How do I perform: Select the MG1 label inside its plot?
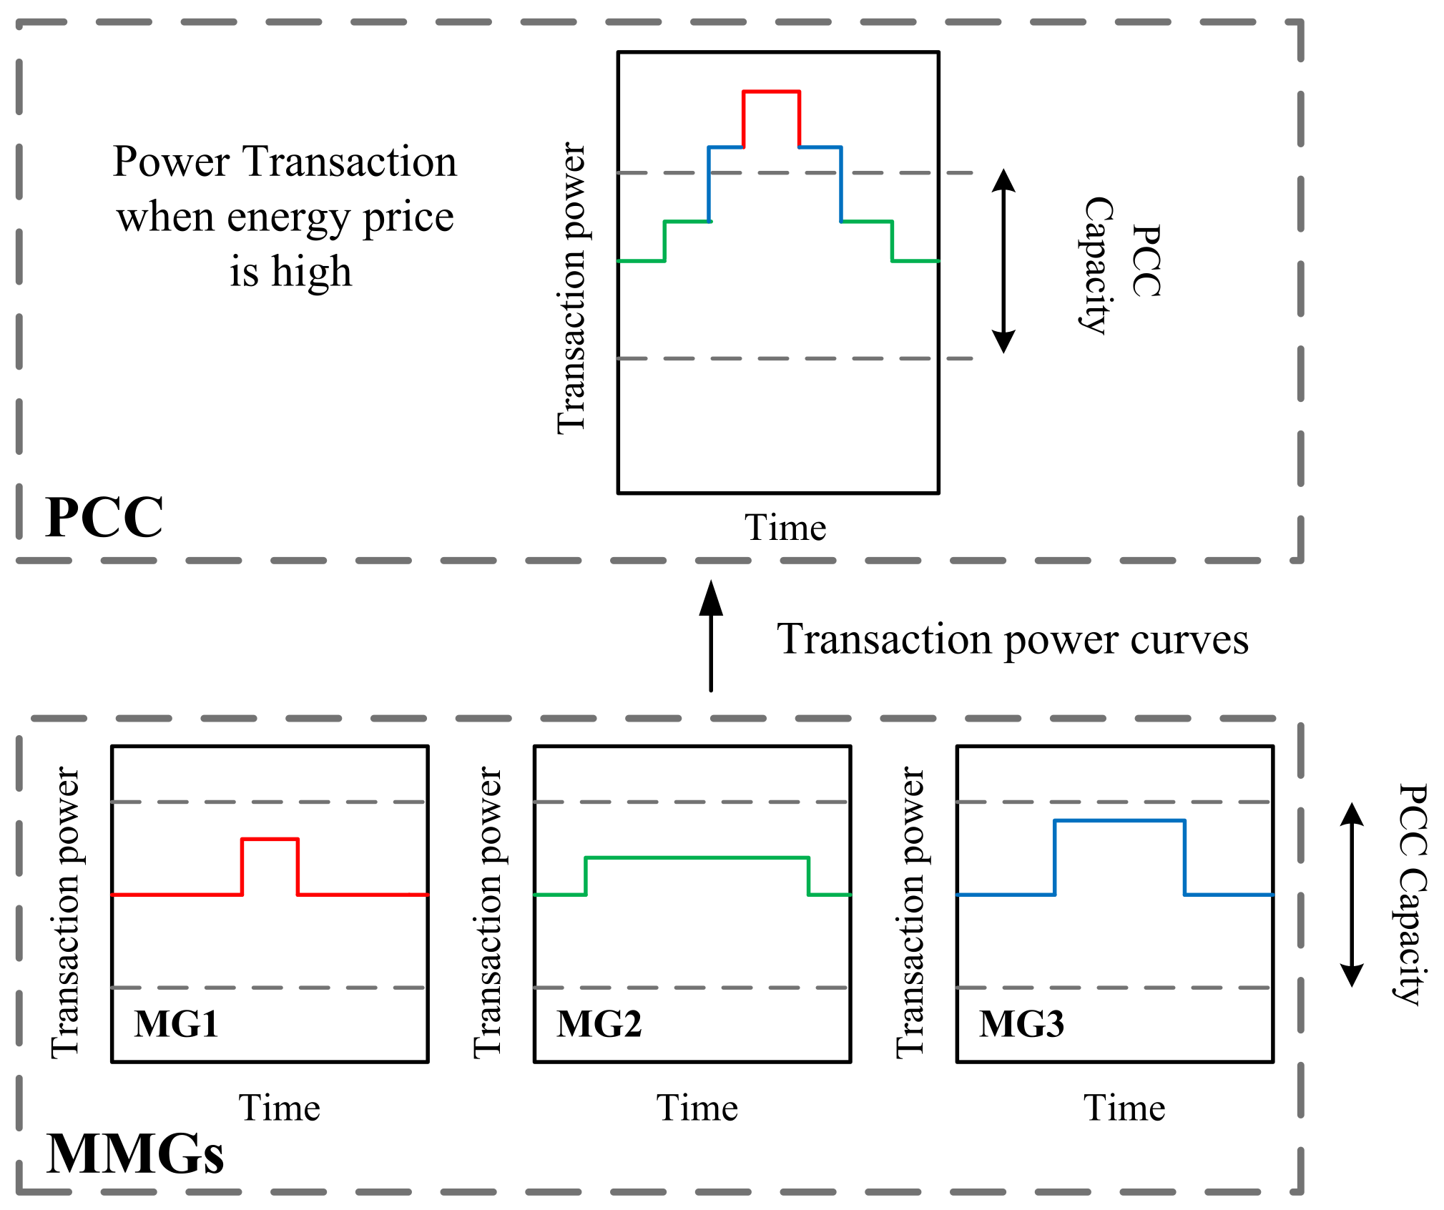[176, 1023]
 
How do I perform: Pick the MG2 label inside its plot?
[599, 1023]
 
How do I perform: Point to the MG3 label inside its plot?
[1021, 1023]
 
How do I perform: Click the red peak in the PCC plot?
[771, 92]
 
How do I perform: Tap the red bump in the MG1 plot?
[270, 840]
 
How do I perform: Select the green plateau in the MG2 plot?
[697, 857]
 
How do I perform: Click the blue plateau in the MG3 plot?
[1119, 821]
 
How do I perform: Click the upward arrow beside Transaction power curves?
[710, 636]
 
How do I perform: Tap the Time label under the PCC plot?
[785, 528]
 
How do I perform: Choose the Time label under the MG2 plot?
[697, 1108]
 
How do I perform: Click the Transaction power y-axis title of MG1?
[66, 912]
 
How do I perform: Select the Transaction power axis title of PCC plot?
[571, 287]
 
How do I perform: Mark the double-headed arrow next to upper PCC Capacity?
[1003, 261]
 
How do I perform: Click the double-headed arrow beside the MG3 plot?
[1351, 894]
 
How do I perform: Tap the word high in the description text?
[312, 272]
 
